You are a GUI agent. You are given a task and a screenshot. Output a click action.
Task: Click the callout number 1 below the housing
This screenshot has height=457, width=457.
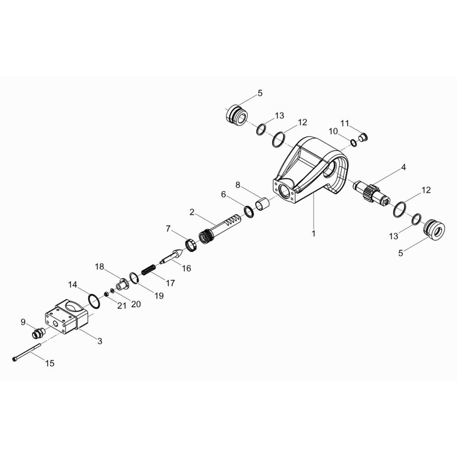pos(314,234)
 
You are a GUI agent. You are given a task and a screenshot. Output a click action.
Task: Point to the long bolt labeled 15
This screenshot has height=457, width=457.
pos(27,352)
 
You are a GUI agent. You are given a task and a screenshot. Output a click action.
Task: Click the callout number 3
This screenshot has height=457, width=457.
pos(100,341)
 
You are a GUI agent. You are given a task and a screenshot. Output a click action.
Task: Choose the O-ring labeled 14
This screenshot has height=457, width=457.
pos(95,301)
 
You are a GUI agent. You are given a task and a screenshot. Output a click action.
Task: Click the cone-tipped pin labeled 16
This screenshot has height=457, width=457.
pos(173,255)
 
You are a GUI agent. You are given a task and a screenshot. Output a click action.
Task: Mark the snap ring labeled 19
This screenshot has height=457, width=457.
pos(133,277)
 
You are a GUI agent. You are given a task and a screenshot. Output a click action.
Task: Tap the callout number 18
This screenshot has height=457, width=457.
pos(99,267)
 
